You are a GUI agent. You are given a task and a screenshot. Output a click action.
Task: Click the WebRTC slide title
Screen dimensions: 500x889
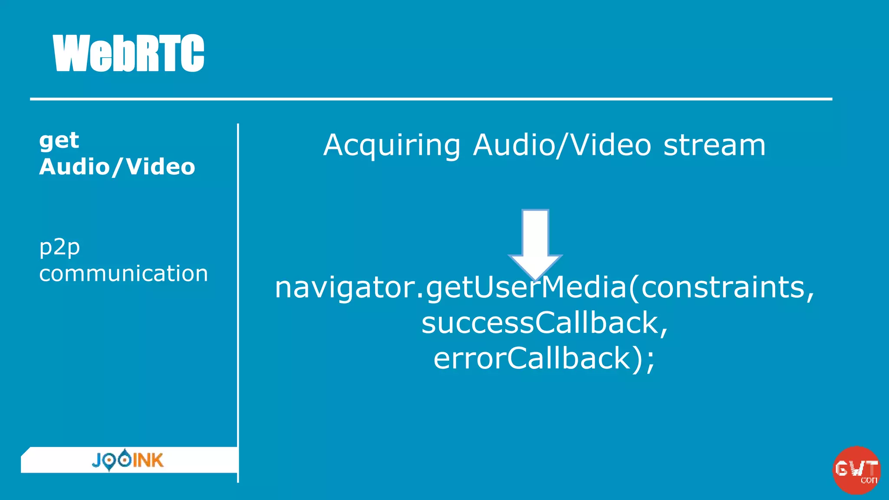tap(128, 53)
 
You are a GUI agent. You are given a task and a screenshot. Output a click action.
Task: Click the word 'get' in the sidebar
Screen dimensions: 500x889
tap(59, 141)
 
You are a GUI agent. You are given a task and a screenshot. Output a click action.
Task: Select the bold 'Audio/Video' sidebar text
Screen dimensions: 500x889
tap(117, 167)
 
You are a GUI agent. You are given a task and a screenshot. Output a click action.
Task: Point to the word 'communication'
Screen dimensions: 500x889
tap(124, 274)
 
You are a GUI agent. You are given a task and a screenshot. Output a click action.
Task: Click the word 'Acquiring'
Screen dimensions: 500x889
tap(392, 145)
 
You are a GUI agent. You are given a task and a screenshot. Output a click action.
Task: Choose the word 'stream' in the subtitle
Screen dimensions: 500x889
tap(714, 145)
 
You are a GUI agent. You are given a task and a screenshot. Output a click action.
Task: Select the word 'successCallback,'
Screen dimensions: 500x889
tap(544, 323)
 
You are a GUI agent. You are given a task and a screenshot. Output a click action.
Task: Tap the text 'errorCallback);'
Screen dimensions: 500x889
tap(544, 359)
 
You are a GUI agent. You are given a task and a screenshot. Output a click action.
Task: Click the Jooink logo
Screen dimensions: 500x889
tap(128, 460)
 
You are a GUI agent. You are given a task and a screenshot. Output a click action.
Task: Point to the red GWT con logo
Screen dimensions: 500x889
tap(856, 470)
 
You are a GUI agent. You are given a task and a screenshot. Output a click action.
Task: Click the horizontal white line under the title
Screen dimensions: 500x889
tap(431, 99)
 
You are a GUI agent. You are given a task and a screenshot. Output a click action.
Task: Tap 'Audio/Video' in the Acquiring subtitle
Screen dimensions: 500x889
tap(562, 145)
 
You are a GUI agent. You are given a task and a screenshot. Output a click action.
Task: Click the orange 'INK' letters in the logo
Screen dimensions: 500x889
tap(148, 460)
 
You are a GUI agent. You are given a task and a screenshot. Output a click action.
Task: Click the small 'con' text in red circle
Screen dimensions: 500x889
tap(869, 480)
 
